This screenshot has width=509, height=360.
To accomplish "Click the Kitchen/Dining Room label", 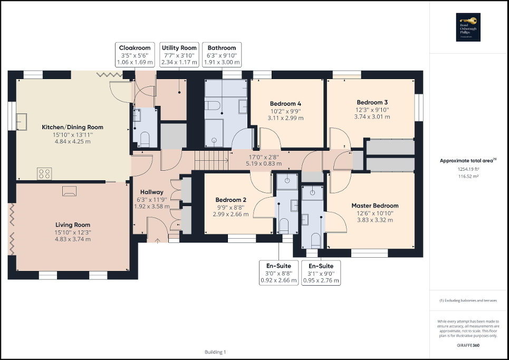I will (x=72, y=127).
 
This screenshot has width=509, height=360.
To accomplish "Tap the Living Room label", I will (x=72, y=225).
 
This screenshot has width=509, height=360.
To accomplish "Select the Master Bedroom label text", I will (x=375, y=206).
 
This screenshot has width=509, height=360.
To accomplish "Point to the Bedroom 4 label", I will (x=285, y=103).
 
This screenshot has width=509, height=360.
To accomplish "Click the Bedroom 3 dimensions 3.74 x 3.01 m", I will (x=372, y=117).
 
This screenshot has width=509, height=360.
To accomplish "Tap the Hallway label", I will (x=151, y=192).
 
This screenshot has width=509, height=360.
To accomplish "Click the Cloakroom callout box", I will (x=135, y=55).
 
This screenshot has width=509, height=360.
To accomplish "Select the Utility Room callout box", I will (x=179, y=55).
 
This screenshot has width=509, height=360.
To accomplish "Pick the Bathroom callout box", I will (x=222, y=55).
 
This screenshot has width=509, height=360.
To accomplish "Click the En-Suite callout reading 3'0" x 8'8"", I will (x=278, y=273).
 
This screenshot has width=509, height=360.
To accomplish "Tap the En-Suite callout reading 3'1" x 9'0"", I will (x=321, y=273).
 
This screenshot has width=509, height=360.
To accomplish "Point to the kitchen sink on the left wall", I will (x=23, y=121).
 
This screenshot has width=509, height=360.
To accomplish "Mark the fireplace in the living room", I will (x=69, y=190).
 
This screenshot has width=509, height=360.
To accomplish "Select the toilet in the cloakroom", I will (x=145, y=139).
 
